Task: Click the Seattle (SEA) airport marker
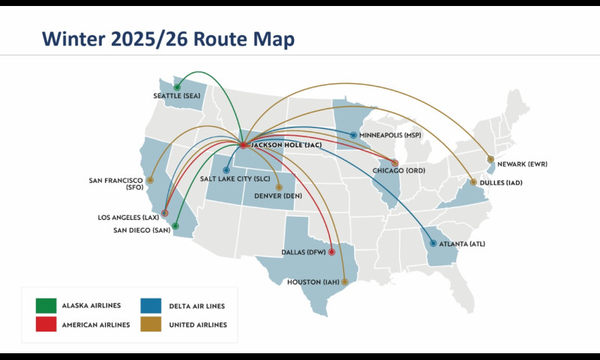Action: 177,87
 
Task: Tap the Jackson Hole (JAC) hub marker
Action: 243,145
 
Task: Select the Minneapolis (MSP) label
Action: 391,136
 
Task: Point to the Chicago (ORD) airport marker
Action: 395,163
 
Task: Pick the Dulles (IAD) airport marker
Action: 473,182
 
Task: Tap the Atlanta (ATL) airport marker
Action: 433,243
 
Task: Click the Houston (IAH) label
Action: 313,283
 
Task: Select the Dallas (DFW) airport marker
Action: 331,252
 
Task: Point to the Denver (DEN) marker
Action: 279,187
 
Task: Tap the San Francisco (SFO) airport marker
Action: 150,180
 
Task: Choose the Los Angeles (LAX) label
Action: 128,217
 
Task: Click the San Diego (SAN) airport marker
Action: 175,225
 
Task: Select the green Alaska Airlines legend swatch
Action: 46,305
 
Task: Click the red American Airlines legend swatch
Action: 46,324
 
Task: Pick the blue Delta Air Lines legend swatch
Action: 151,305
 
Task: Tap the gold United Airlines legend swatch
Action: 151,324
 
